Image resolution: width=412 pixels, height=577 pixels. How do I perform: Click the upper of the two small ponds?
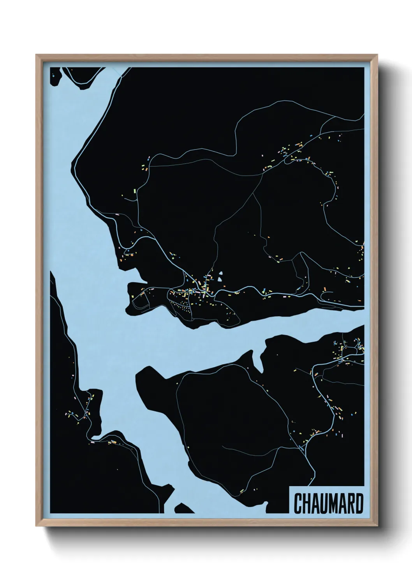click(x=221, y=274)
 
